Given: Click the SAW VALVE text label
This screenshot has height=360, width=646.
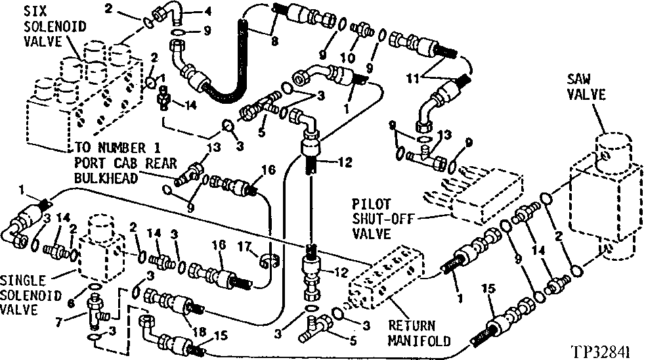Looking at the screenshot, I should (586, 87).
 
